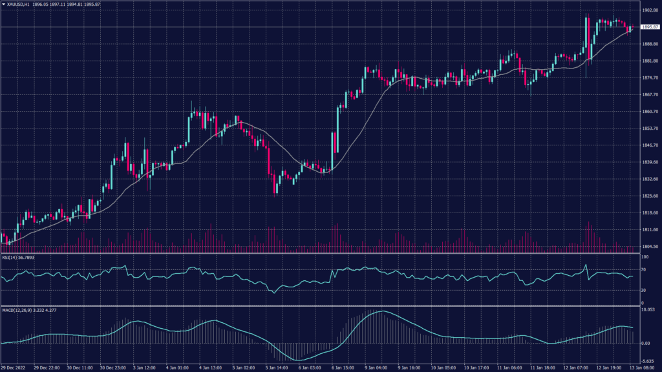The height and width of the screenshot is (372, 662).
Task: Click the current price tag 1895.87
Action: pyautogui.click(x=648, y=27)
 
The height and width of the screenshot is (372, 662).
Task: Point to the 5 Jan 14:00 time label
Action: pyautogui.click(x=277, y=367)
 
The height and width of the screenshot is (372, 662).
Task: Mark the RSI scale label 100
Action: pyautogui.click(x=644, y=256)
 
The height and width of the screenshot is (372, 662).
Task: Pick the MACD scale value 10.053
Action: pyautogui.click(x=647, y=311)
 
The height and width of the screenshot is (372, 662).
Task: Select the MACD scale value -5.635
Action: pyautogui.click(x=647, y=362)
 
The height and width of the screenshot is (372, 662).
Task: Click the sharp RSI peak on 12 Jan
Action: pyautogui.click(x=585, y=265)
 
